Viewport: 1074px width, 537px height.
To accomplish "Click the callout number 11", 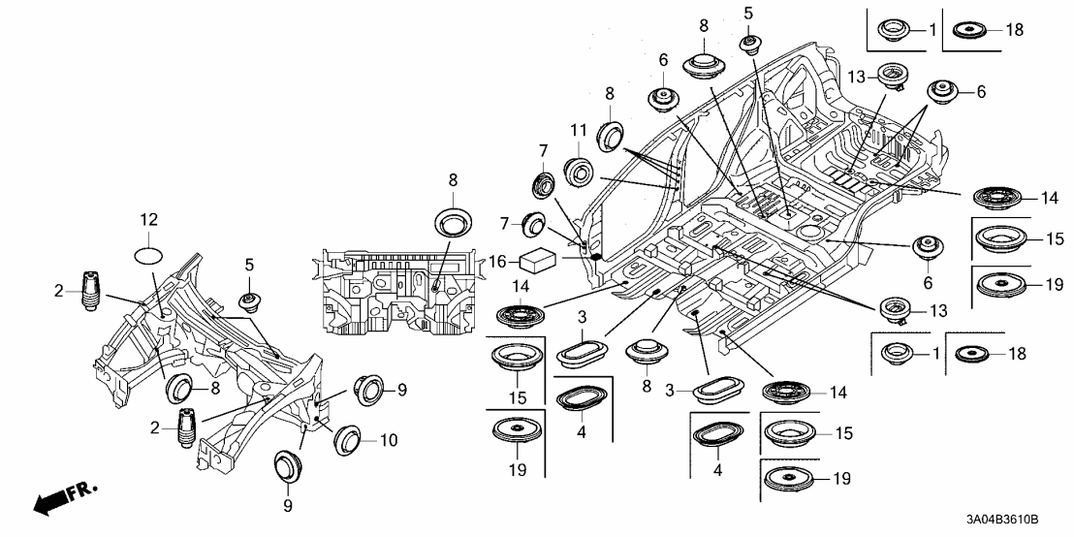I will (x=579, y=130).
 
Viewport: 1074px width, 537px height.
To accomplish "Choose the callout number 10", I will (x=389, y=440).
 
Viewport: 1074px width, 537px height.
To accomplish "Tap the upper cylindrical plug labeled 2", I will (x=90, y=288).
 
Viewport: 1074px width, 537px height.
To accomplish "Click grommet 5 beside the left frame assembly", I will (x=250, y=300).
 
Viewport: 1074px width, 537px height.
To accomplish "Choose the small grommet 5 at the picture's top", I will (x=749, y=43).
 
